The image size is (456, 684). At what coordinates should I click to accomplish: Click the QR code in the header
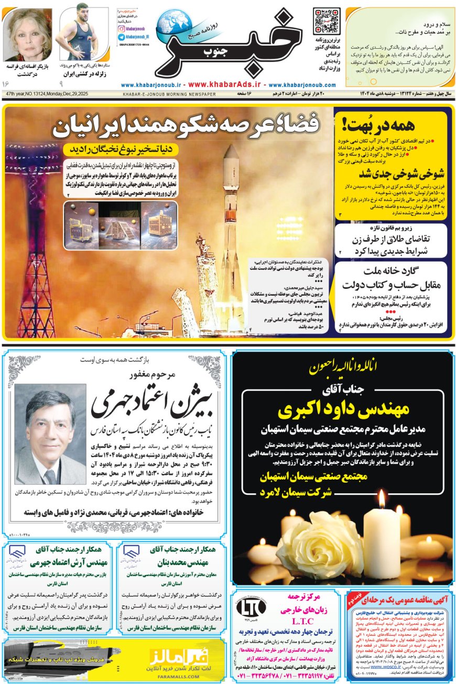click(x=326, y=21)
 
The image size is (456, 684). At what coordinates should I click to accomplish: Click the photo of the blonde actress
click(x=27, y=35)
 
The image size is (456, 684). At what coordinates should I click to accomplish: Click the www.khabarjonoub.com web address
click(x=302, y=84)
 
